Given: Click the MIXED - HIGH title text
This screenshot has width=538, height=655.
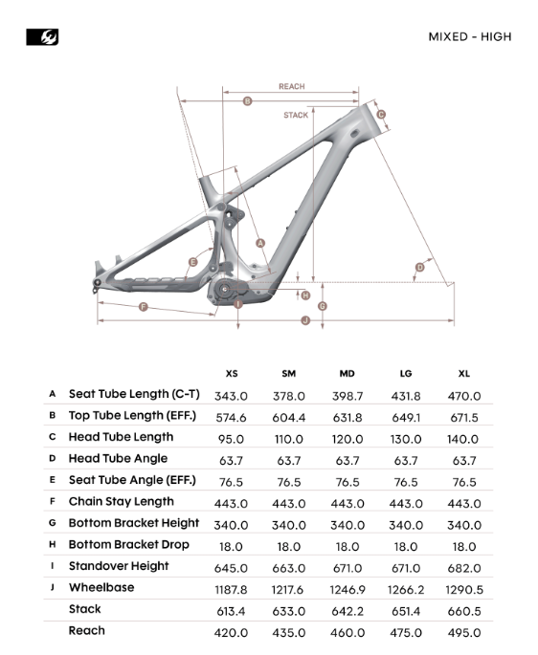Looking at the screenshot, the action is [470, 36].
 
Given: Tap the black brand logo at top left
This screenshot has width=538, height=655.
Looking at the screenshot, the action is [42, 36].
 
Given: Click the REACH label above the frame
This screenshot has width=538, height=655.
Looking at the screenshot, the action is [292, 86].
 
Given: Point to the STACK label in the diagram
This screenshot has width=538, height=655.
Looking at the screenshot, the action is [296, 115].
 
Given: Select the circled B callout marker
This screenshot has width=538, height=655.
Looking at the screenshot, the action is [247, 101].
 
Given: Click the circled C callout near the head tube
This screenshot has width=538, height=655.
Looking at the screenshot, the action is [381, 115].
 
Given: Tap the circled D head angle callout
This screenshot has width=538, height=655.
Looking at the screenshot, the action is [419, 268].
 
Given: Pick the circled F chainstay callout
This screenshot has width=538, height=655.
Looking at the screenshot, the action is [143, 307].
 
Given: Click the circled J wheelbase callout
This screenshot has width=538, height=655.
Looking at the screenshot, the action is [305, 320].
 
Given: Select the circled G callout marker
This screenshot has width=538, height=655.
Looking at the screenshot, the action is [323, 306].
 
